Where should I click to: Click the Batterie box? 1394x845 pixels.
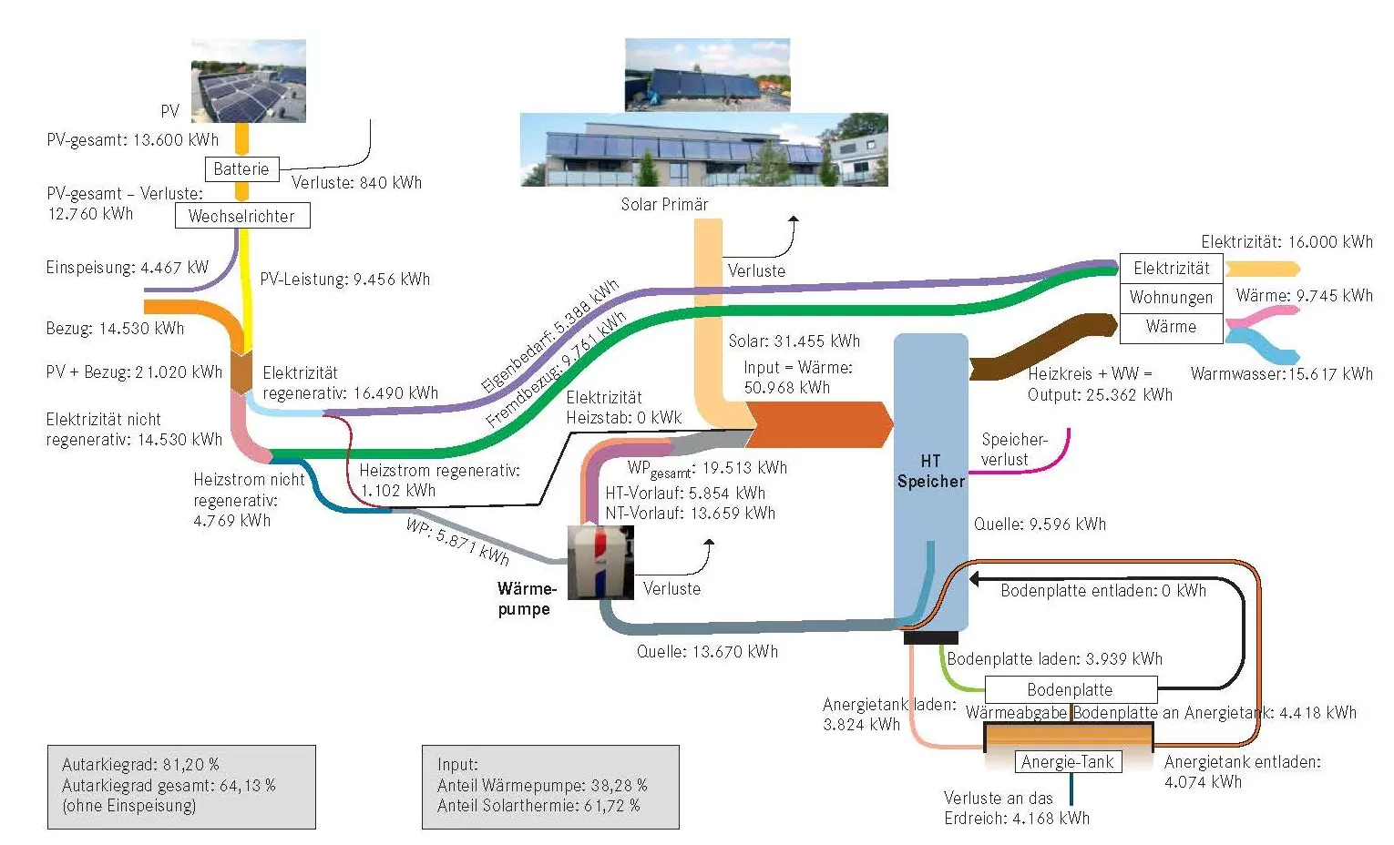tap(241, 169)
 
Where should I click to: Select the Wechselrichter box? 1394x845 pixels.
tap(241, 216)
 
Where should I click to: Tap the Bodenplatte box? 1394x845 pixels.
tap(1070, 689)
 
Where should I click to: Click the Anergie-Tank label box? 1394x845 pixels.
tap(1068, 762)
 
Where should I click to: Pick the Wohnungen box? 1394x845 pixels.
tap(1171, 298)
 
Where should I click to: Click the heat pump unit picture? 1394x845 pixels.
tap(600, 562)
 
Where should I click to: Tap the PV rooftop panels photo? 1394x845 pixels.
tap(248, 81)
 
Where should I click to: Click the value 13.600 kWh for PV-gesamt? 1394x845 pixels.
tap(176, 140)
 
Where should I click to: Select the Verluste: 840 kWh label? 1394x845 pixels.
tap(356, 183)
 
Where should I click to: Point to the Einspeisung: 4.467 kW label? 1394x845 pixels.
tap(128, 268)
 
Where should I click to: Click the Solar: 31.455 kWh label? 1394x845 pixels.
tap(794, 341)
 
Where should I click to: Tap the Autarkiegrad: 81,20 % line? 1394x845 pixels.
tap(140, 765)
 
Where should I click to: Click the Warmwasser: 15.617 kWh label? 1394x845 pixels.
tap(1281, 374)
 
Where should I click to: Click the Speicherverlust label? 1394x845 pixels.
tap(1013, 450)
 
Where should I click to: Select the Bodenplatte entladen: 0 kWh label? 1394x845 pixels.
tap(1102, 591)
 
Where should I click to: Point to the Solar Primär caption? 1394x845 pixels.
tap(664, 205)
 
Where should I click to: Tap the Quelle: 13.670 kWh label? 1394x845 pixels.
tap(707, 652)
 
